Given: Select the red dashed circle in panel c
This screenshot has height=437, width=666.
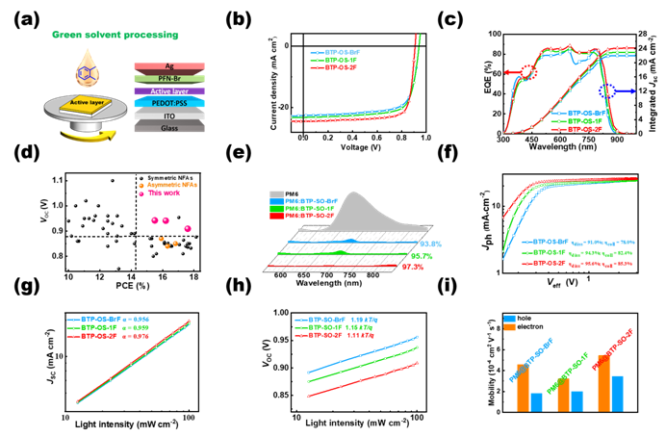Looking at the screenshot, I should click(x=528, y=71).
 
